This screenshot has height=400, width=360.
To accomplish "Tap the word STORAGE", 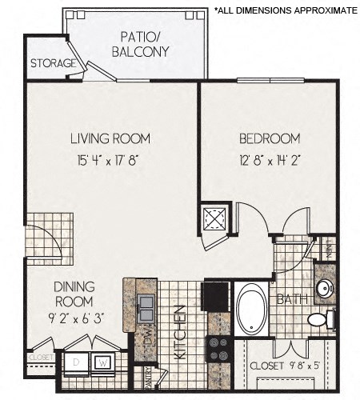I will (54, 63).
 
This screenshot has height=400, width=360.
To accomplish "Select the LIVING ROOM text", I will (110, 138).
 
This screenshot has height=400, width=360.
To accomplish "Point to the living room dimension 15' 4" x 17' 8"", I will (110, 158).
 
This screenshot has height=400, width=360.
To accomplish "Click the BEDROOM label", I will (270, 138).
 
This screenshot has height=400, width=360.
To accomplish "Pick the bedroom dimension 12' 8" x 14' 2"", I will (270, 158).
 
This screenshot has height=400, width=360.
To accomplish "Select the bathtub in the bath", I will (252, 310).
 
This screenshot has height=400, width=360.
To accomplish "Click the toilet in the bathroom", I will (319, 320).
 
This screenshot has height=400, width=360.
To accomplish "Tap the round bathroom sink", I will (324, 288).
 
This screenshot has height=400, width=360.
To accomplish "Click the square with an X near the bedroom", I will (215, 218).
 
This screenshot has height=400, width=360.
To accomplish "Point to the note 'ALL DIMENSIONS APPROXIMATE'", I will (285, 10).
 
